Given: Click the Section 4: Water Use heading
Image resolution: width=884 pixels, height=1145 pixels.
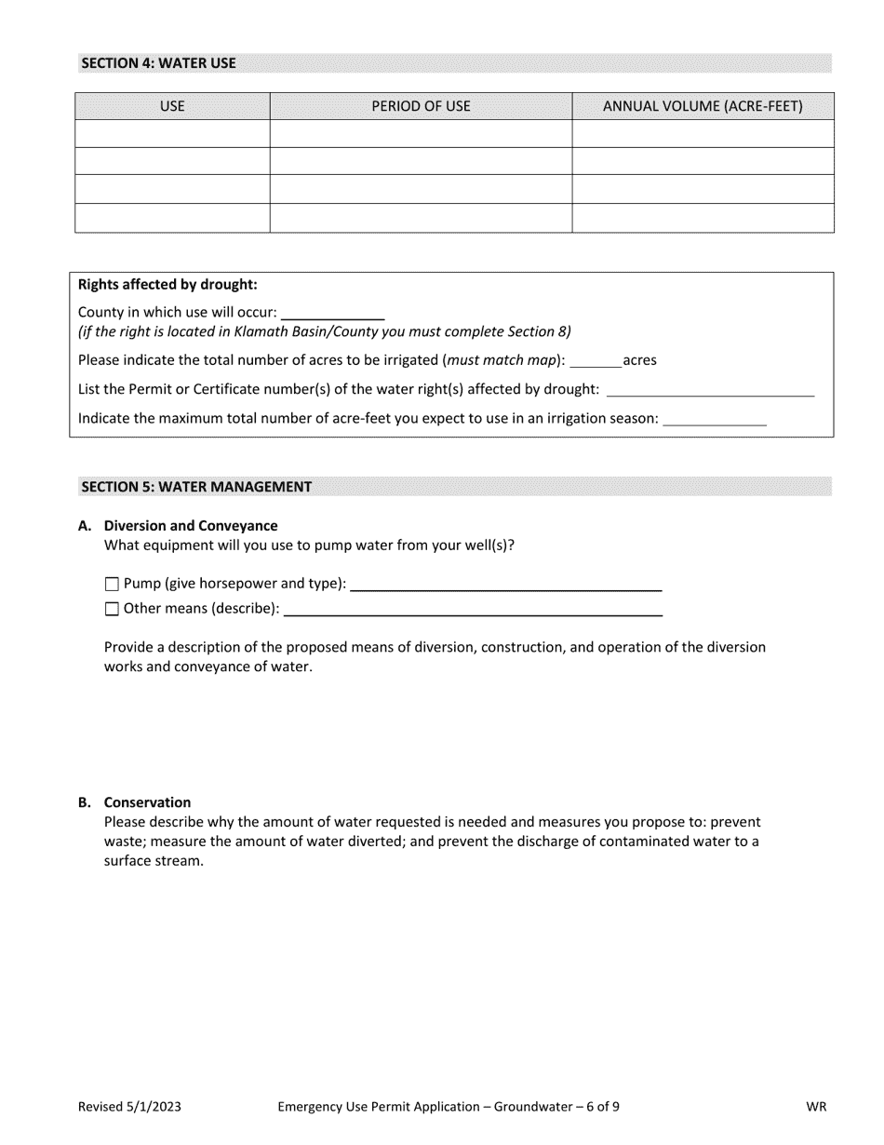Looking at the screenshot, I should click(158, 63).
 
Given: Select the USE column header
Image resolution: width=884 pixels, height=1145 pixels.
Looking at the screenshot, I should click(172, 106).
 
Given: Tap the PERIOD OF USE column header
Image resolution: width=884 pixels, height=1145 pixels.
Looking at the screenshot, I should click(421, 106).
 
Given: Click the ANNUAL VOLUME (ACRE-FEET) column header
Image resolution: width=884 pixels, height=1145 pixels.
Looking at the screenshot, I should click(703, 106).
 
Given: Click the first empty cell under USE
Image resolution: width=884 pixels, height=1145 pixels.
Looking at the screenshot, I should click(172, 134).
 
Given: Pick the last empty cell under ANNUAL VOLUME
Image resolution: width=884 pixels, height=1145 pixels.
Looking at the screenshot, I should click(703, 218).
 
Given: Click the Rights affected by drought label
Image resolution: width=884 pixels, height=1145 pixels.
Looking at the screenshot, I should click(167, 284).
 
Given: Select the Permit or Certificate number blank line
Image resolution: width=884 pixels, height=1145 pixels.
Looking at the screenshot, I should click(709, 389).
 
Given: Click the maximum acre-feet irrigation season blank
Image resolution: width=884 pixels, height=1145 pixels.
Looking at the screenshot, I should click(714, 419).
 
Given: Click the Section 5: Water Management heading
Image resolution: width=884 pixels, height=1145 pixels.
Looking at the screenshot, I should click(196, 486).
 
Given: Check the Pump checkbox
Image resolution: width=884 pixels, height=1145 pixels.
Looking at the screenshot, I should click(113, 585).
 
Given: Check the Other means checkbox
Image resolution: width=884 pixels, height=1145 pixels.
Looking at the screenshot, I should click(113, 610).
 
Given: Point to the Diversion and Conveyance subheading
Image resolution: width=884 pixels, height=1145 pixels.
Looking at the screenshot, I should click(191, 526).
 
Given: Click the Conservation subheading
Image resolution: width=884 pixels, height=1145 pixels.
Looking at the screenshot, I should click(147, 802).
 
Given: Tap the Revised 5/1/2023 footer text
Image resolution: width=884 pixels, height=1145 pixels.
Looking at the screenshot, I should click(129, 1107).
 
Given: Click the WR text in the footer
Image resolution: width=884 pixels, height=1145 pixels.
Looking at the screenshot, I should click(816, 1107).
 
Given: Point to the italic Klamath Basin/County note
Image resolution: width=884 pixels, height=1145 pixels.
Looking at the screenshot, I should click(324, 331).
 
